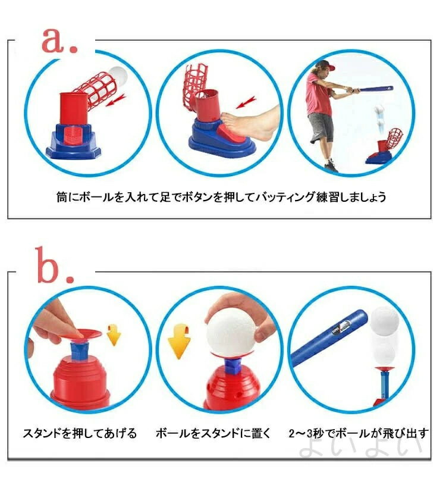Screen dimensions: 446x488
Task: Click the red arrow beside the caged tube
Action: tap(116, 100)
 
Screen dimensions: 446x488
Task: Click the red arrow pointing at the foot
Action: tap(246, 102)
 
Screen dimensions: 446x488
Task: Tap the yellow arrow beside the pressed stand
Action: tap(113, 334)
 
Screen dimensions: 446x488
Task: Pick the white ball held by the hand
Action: tap(231, 334)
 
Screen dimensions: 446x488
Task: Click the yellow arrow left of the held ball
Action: tap(179, 341)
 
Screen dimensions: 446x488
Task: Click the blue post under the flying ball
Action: tap(384, 385)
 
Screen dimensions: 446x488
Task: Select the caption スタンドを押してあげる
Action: tap(80, 433)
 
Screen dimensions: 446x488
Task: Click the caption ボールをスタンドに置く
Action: tap(213, 433)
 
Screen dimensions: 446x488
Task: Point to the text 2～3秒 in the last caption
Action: tap(306, 433)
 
